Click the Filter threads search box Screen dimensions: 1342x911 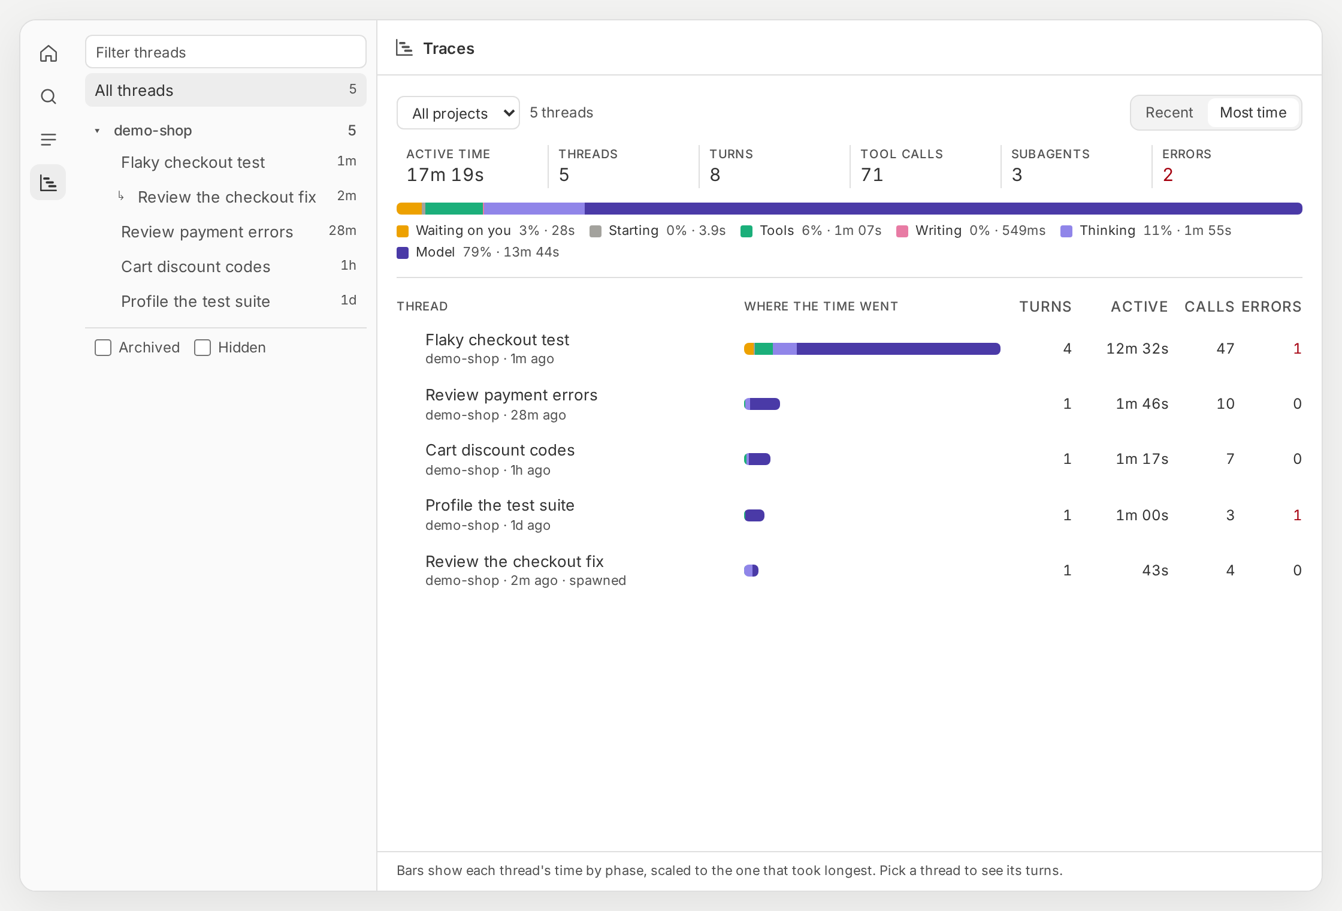pyautogui.click(x=225, y=52)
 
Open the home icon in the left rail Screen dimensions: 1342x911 pyautogui.click(x=49, y=53)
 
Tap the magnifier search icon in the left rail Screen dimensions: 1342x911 pyautogui.click(x=49, y=96)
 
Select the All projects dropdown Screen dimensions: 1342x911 pyautogui.click(x=458, y=113)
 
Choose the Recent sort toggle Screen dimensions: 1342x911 pyautogui.click(x=1169, y=113)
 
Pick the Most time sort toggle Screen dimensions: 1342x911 pyautogui.click(x=1253, y=113)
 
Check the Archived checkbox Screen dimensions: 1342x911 pyautogui.click(x=103, y=348)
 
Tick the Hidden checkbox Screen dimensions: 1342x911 pyautogui.click(x=202, y=348)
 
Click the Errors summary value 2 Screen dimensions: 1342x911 pyautogui.click(x=1168, y=175)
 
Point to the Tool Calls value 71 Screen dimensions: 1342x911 pyautogui.click(x=872, y=175)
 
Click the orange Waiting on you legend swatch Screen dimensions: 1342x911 pyautogui.click(x=403, y=231)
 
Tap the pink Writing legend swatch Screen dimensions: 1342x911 pyautogui.click(x=902, y=231)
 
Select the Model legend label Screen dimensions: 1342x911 pyautogui.click(x=435, y=252)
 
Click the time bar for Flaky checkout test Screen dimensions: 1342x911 pyautogui.click(x=872, y=349)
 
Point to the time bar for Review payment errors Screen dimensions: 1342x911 pyautogui.click(x=762, y=404)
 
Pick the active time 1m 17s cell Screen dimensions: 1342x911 pyautogui.click(x=1142, y=459)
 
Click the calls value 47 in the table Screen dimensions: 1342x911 pyautogui.click(x=1225, y=349)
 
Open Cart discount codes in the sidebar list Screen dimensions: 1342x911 pyautogui.click(x=195, y=267)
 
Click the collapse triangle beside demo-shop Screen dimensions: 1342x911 pyautogui.click(x=97, y=131)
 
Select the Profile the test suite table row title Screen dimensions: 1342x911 pyautogui.click(x=500, y=505)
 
